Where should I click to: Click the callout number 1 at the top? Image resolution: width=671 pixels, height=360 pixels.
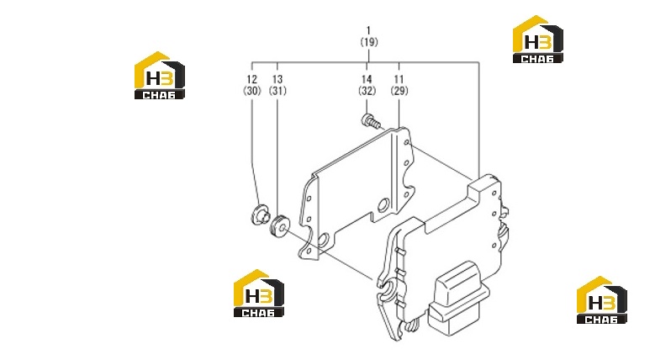coord(368,30)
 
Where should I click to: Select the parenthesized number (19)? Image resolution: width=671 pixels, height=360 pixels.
coord(369,42)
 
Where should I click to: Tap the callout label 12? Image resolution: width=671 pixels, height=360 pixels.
coord(252,79)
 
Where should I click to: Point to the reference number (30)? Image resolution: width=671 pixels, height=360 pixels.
coord(252,91)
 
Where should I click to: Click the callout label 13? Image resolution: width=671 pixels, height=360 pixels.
coord(277,79)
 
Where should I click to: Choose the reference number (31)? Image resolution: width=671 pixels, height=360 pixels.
coord(277,91)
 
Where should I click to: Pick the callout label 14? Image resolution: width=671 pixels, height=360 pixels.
coord(367,79)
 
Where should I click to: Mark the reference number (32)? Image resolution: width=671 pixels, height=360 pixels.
coord(367,91)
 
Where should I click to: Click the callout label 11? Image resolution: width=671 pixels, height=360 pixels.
coord(399,79)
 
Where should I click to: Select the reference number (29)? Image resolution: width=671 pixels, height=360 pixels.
coord(399,91)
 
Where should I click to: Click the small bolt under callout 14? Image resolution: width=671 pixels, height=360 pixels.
coord(371,121)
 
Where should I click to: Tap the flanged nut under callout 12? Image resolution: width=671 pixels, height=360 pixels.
coord(260,214)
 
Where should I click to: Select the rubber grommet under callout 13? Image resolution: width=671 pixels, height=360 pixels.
coord(279,226)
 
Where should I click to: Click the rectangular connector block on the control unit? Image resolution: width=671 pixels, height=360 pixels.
coord(458,298)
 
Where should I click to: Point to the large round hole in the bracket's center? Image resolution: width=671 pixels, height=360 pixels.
coord(383,205)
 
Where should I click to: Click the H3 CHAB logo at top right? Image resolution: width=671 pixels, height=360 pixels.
coord(538,40)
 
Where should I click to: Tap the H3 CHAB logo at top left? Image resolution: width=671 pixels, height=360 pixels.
coord(160,76)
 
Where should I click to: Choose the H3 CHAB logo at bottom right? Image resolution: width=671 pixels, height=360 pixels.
coord(602,299)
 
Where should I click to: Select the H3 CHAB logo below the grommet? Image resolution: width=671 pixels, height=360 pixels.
coord(258,294)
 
